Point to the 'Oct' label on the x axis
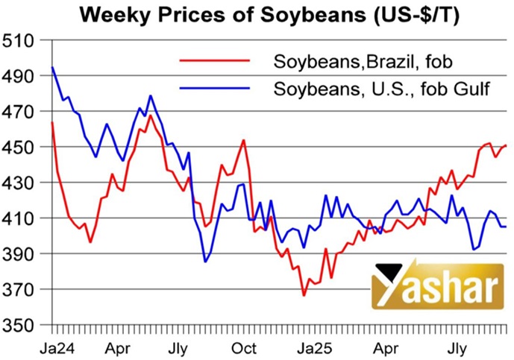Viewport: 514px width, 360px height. pos(243,347)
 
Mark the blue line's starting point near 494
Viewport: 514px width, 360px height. pos(51,68)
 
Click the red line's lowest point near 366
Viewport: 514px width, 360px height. pos(304,296)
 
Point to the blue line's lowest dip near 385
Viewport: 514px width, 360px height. pos(205,262)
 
